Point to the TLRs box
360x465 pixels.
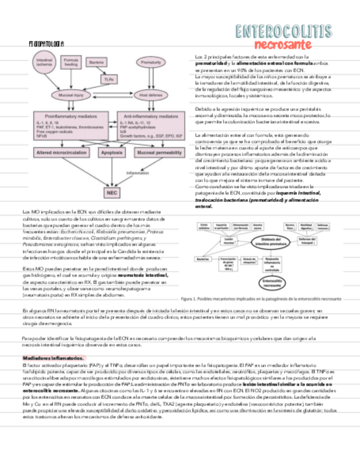pyautogui.click(x=108, y=80)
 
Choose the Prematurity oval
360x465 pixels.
pyautogui.click(x=151, y=63)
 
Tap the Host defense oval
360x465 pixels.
pyautogui.click(x=151, y=95)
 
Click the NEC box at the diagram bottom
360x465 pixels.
pyautogui.click(x=112, y=192)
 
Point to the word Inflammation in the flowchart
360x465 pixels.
pyautogui.click(x=138, y=173)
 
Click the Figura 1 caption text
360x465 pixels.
pyautogui.click(x=261, y=299)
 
